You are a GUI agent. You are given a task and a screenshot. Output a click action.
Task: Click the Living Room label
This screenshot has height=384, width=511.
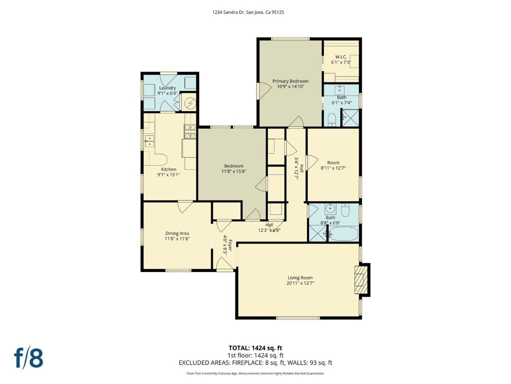click(x=300, y=277)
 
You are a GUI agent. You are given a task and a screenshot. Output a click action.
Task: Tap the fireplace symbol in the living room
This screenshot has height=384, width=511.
click(x=360, y=280)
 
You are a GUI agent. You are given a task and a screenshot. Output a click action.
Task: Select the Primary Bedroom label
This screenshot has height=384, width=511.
click(x=290, y=81)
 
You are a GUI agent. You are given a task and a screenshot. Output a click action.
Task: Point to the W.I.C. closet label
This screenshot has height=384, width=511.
click(x=341, y=57)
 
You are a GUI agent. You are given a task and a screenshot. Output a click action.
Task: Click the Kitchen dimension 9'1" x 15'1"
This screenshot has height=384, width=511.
click(x=169, y=174)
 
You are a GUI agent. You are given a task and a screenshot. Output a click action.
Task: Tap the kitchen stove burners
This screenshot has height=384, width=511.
click(x=190, y=132)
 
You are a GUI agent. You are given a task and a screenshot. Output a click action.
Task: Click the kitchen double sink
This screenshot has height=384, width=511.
click(x=150, y=141)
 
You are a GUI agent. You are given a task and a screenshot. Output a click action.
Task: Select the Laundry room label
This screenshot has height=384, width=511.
click(x=168, y=88)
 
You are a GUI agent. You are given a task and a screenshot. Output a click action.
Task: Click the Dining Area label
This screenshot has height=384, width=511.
click(x=177, y=233)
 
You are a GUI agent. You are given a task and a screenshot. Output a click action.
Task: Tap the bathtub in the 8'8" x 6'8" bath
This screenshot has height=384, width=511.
click(x=343, y=234)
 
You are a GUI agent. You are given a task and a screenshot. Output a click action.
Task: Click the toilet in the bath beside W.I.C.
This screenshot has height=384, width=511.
click(x=331, y=120)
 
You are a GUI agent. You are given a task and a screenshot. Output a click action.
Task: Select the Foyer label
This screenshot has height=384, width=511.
click(x=230, y=245)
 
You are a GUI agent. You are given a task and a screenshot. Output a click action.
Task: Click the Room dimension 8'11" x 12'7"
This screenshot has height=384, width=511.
click(x=333, y=168)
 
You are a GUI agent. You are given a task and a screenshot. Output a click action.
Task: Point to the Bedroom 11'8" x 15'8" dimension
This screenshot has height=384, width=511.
click(x=234, y=171)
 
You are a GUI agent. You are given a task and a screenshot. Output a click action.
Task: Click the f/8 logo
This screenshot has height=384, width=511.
click(x=28, y=358)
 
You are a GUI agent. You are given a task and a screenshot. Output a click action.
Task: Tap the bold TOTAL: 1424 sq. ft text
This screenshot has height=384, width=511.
click(x=253, y=348)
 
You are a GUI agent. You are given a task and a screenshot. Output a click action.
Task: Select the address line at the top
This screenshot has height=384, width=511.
click(x=248, y=12)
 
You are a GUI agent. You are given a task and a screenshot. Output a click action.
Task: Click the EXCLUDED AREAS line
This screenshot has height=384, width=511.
click(x=255, y=362)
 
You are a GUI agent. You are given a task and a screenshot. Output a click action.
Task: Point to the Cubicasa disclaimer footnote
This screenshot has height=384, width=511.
click(x=255, y=373)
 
